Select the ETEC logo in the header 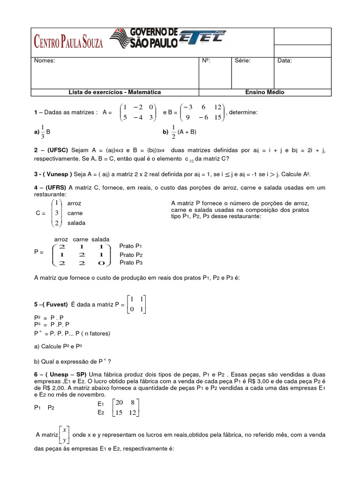tap(202, 37)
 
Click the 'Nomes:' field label tap(45, 60)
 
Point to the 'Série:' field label tap(242, 60)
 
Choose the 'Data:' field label tap(285, 60)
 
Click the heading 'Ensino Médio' tap(265, 92)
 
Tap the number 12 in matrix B tap(217, 107)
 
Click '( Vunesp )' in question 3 tap(58, 174)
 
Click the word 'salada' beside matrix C tap(76, 223)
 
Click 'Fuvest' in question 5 tap(57, 304)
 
